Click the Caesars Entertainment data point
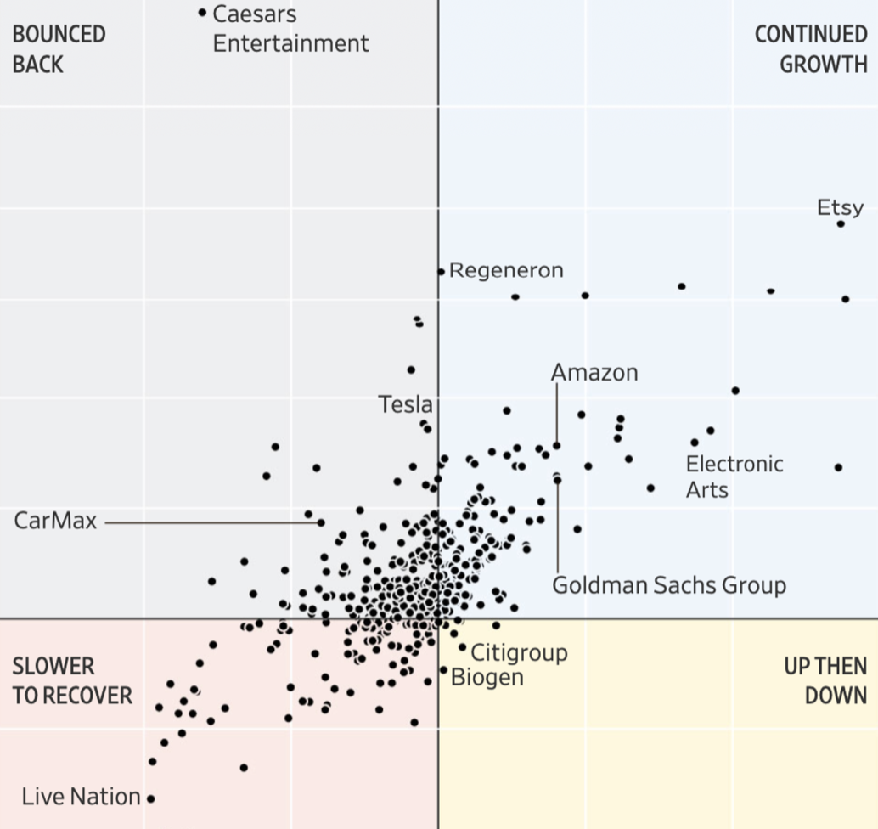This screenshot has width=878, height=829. [x=202, y=13]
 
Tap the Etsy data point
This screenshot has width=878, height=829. [x=841, y=223]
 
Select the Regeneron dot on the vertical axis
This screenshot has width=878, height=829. [x=441, y=272]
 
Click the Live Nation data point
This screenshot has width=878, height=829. [x=150, y=798]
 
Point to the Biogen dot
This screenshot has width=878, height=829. [x=443, y=670]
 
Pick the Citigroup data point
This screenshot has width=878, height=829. [x=463, y=647]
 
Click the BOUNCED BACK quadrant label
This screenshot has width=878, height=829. [x=59, y=48]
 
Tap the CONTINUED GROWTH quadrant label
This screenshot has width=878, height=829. [x=811, y=48]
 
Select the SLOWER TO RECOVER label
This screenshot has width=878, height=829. [x=71, y=680]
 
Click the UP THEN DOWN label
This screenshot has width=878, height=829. [x=825, y=680]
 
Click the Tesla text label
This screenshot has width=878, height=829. [x=405, y=404]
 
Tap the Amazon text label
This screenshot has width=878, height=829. [x=594, y=372]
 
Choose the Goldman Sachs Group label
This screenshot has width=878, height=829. [x=669, y=585]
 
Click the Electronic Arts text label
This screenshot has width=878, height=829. [x=734, y=477]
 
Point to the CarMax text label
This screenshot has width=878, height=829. [x=55, y=520]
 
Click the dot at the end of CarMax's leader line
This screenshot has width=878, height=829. [x=321, y=522]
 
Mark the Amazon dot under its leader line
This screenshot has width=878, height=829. [x=557, y=445]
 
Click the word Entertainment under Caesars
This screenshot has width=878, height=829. [x=290, y=42]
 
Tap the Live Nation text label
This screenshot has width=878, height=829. [x=81, y=797]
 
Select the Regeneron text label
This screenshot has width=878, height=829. [x=506, y=270]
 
